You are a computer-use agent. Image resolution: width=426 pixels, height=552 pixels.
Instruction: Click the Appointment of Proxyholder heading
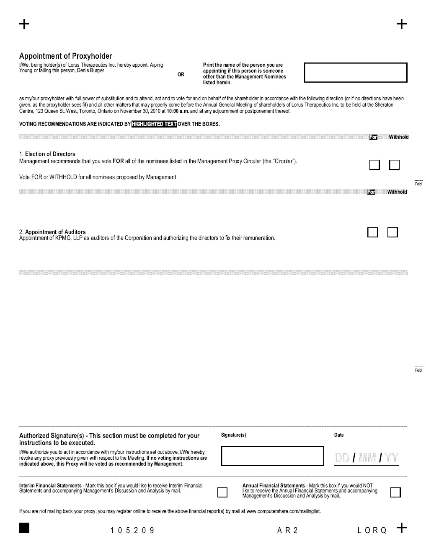pos(66,56)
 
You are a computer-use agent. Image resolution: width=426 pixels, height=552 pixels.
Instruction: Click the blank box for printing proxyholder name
pos(355,73)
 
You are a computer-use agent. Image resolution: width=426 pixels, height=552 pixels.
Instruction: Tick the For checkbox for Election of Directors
pos(374,165)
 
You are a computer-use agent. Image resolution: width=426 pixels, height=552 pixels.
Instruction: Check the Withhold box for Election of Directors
pos(394,165)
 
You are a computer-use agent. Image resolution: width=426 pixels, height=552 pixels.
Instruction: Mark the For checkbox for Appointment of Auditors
pos(372,232)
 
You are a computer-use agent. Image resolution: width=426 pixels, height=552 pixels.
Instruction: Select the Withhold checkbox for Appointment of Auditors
pos(392,232)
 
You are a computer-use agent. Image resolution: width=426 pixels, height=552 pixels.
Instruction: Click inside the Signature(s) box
pos(272,456)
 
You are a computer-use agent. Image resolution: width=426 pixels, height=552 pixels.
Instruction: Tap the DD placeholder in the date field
pos(342,458)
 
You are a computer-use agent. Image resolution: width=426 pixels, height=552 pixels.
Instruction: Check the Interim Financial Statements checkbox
pos(222,492)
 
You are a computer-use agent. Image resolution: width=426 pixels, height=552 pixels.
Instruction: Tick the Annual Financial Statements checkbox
pos(395,492)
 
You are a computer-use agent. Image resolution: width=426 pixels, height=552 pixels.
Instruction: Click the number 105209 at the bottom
pos(132,531)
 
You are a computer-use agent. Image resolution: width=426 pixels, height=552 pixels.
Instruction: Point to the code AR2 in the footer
pos(287,531)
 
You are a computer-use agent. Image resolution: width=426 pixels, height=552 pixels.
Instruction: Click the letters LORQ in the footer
pos(372,531)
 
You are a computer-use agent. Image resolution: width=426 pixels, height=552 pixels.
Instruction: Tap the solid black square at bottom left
pos(24,528)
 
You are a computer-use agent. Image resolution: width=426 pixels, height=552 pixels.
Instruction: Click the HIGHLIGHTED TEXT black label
pos(154,124)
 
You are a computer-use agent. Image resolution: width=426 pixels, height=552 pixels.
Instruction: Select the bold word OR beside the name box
pos(181,75)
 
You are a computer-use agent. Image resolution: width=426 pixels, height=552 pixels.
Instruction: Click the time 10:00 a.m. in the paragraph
pos(178,111)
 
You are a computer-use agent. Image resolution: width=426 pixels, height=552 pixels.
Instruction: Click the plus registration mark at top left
pos(24,24)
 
